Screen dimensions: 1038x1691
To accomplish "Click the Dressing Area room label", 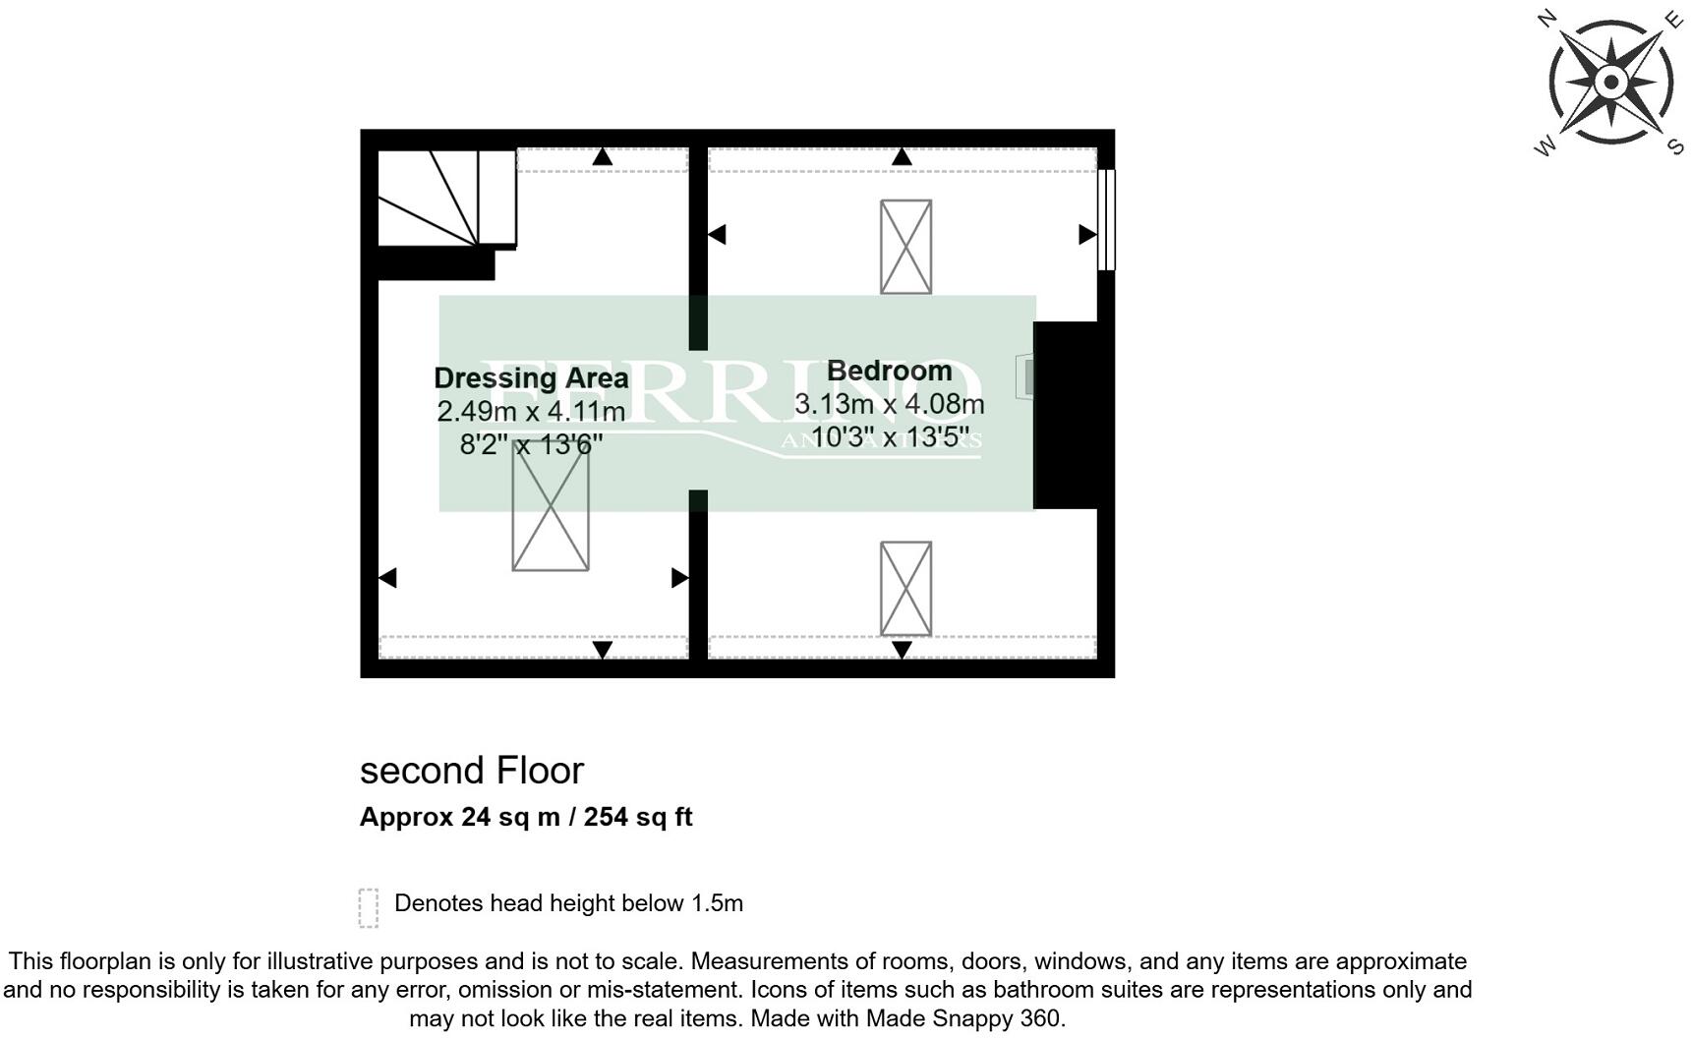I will click(x=531, y=378).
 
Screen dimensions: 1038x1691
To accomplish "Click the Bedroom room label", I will click(x=889, y=371).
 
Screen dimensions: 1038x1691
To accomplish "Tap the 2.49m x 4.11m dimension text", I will click(x=531, y=411).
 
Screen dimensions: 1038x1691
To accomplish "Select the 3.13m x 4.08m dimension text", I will click(x=889, y=404).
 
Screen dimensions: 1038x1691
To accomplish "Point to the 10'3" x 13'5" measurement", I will click(x=889, y=436).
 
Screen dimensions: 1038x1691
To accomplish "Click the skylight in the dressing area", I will click(x=551, y=506).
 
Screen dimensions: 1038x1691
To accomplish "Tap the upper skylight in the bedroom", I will click(x=905, y=247).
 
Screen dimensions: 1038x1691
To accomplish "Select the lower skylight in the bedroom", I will click(x=905, y=588).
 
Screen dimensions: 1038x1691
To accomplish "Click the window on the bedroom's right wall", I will click(x=1106, y=219).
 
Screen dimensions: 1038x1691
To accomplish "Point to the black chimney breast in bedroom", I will click(x=1067, y=415).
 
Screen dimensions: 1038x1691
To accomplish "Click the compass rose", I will click(x=1609, y=82).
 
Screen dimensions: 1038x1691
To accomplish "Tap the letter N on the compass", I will click(x=1546, y=18).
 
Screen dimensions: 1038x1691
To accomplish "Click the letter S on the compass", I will click(x=1675, y=146).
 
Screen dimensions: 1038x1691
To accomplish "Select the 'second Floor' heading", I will click(x=472, y=771).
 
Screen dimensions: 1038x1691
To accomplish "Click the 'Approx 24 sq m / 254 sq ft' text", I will click(x=526, y=817).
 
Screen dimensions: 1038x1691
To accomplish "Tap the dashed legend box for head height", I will click(x=369, y=907).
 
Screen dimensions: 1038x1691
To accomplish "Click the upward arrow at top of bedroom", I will click(x=902, y=157).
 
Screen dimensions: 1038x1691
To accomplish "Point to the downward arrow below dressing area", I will click(x=603, y=649).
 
